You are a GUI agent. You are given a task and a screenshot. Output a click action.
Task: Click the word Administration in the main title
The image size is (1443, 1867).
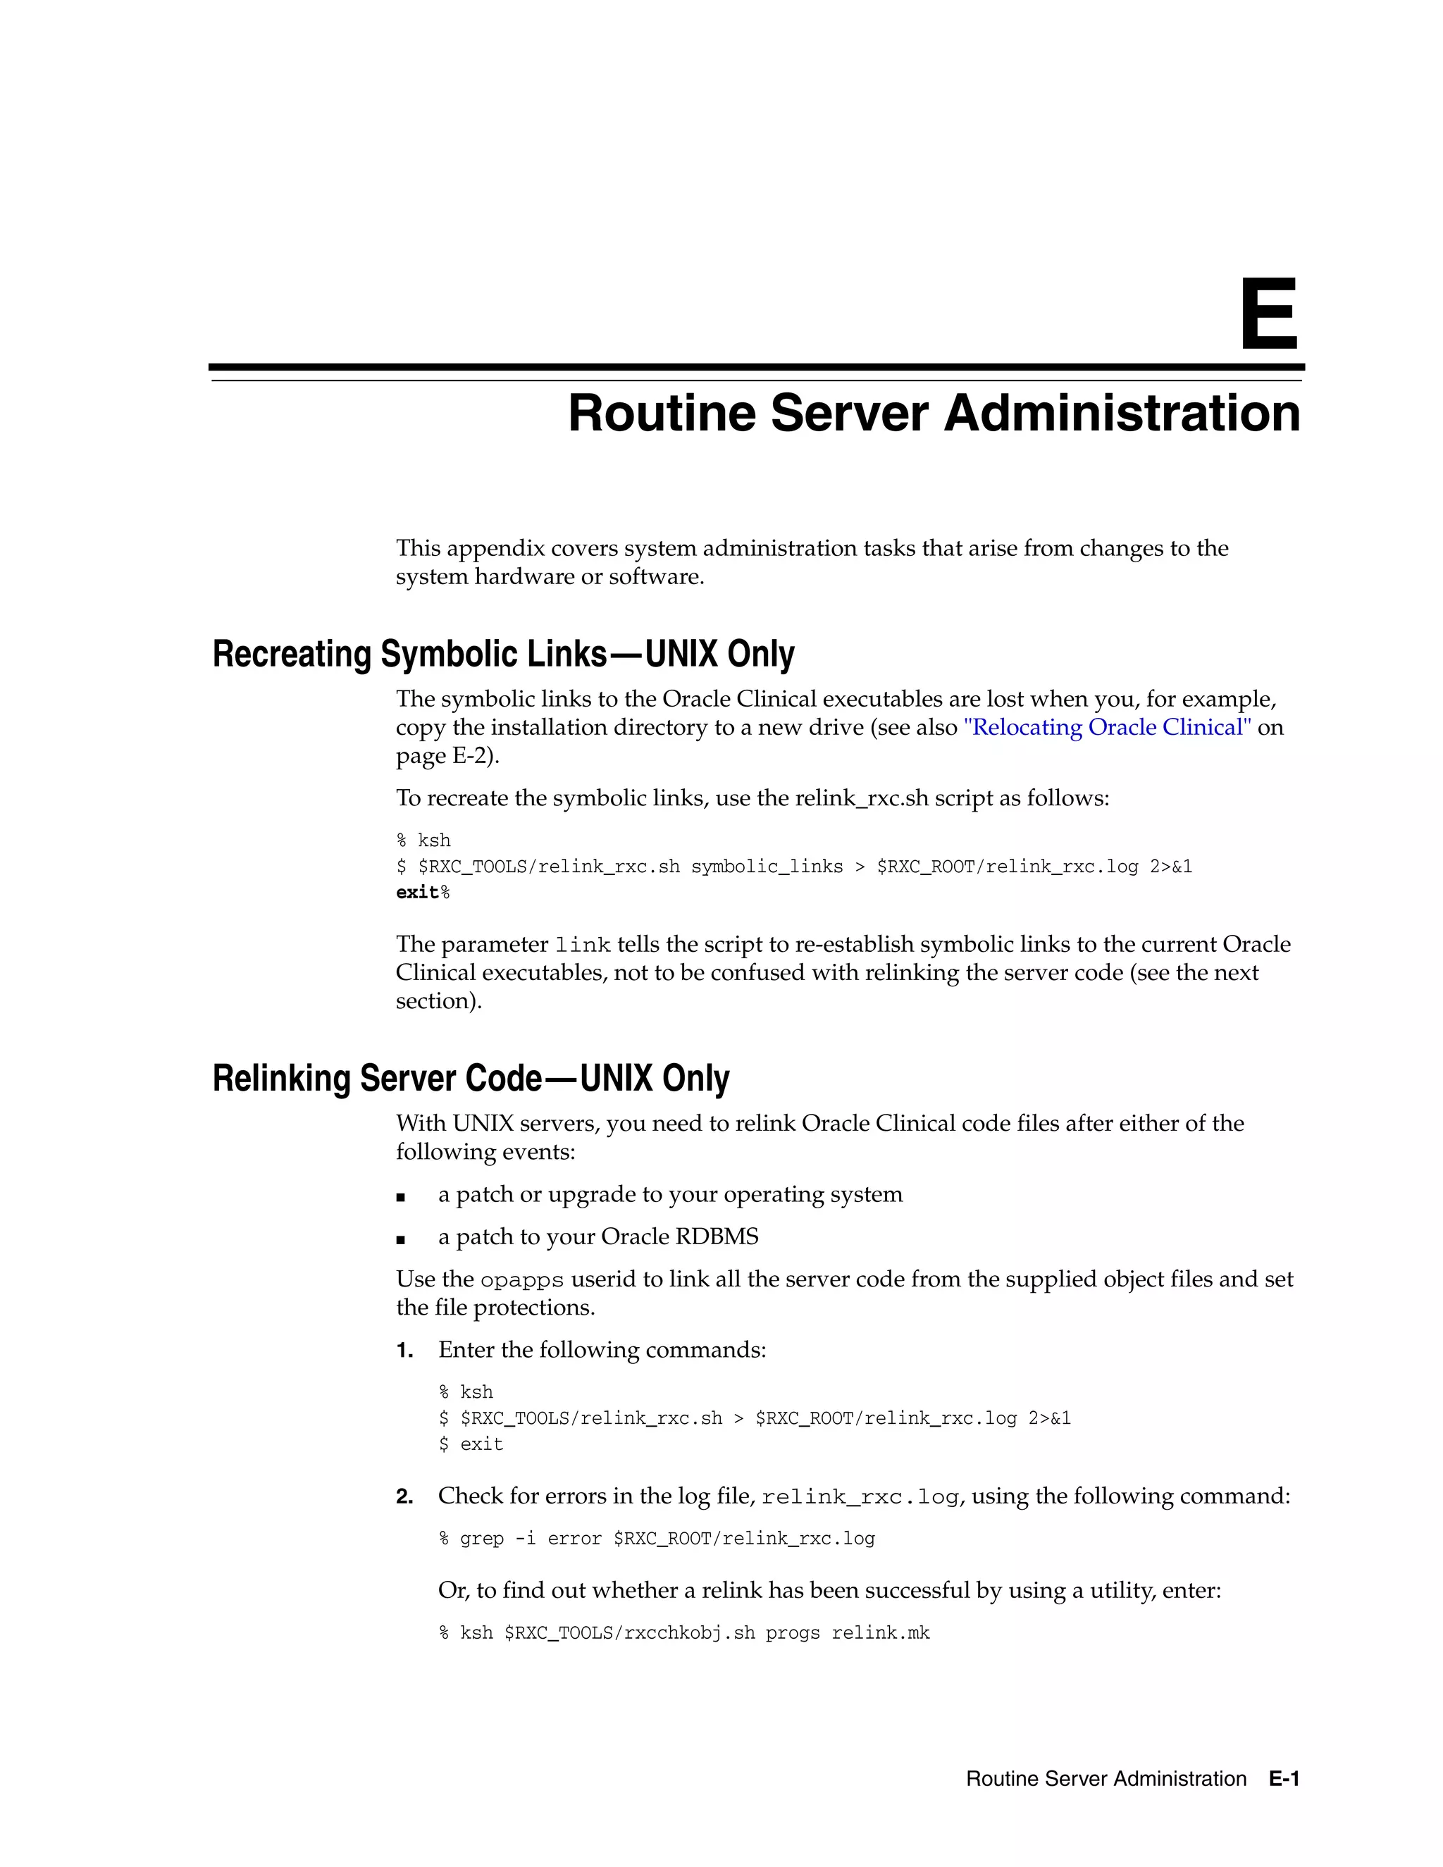(x=1122, y=414)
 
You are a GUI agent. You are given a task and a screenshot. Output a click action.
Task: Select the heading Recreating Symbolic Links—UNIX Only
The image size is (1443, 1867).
(x=502, y=654)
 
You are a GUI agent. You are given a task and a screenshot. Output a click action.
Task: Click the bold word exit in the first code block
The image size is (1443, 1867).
(x=417, y=893)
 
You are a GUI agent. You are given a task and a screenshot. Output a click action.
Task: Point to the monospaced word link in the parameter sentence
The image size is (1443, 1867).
(x=582, y=945)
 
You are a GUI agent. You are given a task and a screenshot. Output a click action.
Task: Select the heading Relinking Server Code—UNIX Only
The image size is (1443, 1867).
(x=470, y=1078)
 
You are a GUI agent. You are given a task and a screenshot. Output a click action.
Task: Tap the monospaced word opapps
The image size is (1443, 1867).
(x=521, y=1281)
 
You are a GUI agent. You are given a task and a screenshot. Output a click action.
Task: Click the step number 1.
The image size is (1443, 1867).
(x=404, y=1351)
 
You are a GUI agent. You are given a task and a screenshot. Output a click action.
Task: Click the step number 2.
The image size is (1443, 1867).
(x=404, y=1497)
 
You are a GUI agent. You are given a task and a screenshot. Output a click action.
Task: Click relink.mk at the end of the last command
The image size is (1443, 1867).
(x=881, y=1633)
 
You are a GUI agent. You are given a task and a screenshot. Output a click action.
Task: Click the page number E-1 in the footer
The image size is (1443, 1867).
(x=1284, y=1779)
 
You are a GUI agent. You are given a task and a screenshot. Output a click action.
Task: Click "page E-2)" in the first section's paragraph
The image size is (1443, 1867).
(x=447, y=757)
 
